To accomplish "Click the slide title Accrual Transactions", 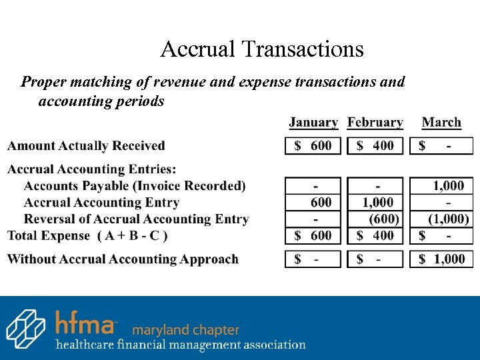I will [x=262, y=49].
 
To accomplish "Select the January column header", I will [x=313, y=123].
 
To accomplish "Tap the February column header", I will [x=375, y=123].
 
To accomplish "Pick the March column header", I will [x=441, y=123].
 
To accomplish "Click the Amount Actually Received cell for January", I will [x=313, y=145].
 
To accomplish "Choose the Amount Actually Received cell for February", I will [x=375, y=145].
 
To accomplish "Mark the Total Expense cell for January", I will [x=313, y=235].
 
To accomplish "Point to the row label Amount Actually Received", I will [x=86, y=145].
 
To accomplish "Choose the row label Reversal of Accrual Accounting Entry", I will [x=136, y=219].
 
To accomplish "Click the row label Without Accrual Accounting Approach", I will [x=123, y=259].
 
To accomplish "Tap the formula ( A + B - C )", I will [x=132, y=235].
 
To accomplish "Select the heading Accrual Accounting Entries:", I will [x=92, y=169].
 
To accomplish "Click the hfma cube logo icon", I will [x=25, y=328].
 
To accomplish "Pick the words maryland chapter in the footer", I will [x=185, y=330].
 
